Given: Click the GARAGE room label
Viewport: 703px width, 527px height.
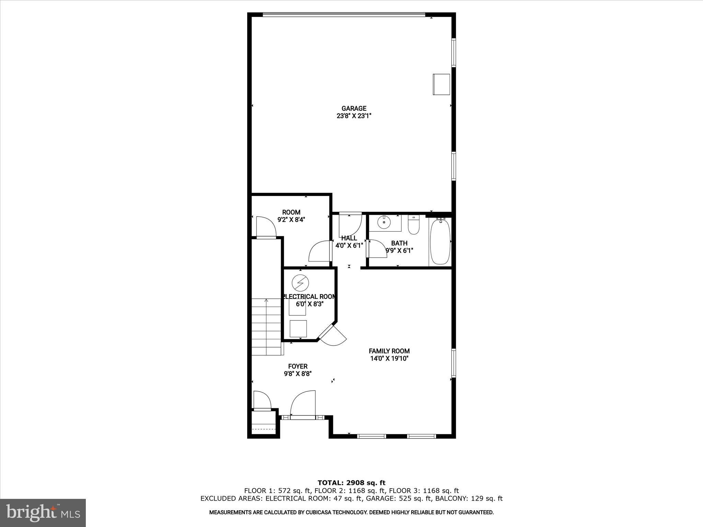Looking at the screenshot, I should pyautogui.click(x=354, y=108).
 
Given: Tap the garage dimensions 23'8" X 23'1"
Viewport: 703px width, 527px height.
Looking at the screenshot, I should pyautogui.click(x=354, y=116).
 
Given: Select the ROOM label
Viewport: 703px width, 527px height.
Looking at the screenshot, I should pyautogui.click(x=291, y=212).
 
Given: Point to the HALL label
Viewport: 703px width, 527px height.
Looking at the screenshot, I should pyautogui.click(x=349, y=238).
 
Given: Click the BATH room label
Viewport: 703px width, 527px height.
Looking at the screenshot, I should pyautogui.click(x=399, y=243).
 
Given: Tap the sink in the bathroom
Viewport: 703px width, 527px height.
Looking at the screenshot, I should pyautogui.click(x=384, y=223).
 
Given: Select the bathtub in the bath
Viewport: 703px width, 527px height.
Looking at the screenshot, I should pyautogui.click(x=440, y=242).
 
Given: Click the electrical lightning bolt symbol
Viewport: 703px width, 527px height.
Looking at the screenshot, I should pyautogui.click(x=300, y=283).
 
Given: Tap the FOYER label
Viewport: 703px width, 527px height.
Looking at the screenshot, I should pyautogui.click(x=298, y=366).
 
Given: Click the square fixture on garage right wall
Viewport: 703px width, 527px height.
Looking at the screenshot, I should pyautogui.click(x=441, y=84).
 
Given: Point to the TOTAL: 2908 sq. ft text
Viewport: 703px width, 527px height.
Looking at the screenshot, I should pyautogui.click(x=351, y=483).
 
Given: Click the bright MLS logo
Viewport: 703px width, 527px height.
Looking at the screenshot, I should pyautogui.click(x=43, y=513).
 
